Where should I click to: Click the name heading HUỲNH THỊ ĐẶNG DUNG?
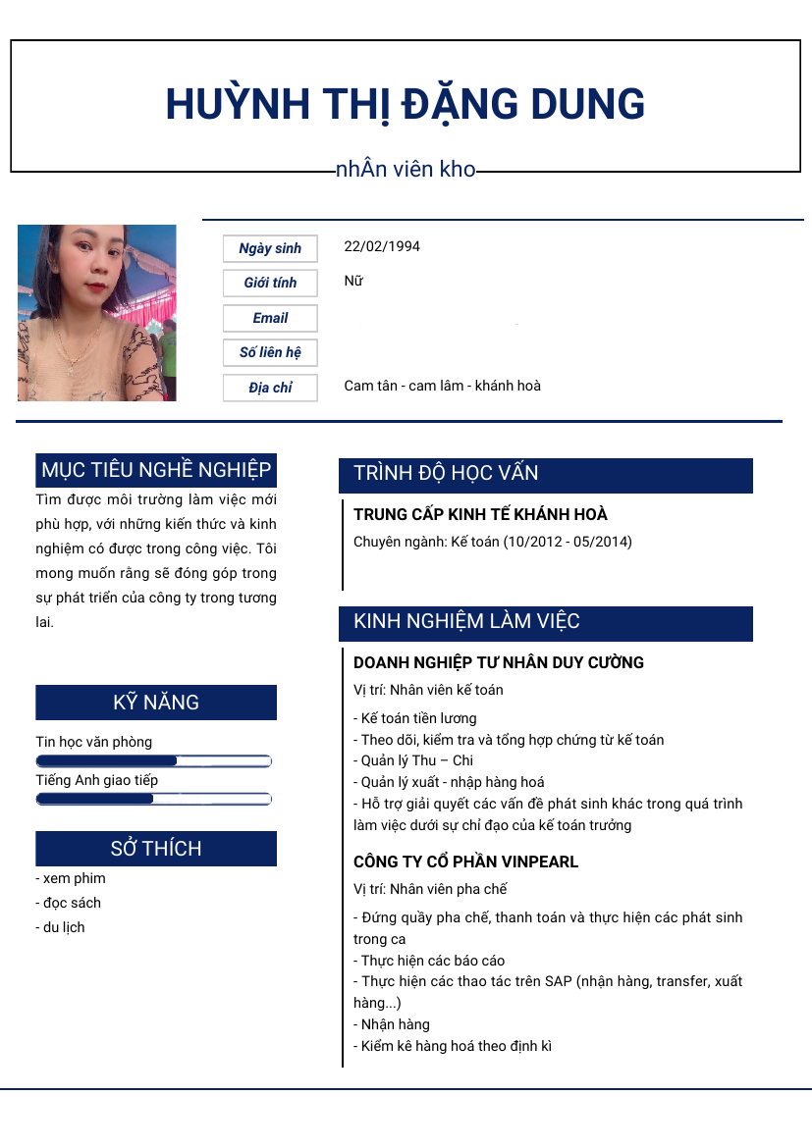[x=406, y=104]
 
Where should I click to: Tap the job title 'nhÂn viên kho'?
[x=406, y=170]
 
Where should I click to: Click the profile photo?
[x=97, y=313]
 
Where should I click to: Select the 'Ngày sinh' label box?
[x=270, y=248]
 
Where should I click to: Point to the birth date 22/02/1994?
[x=382, y=246]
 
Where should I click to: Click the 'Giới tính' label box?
[x=270, y=283]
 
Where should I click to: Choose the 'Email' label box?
[x=270, y=318]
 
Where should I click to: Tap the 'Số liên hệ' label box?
[x=270, y=352]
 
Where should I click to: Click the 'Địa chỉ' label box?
[x=270, y=388]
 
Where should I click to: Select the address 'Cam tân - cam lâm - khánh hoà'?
[x=442, y=386]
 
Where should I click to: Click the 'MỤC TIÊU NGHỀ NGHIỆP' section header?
[x=156, y=470]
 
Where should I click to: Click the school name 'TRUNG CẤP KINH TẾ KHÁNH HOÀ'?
[x=480, y=514]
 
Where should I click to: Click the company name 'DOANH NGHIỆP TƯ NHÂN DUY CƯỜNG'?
[x=498, y=662]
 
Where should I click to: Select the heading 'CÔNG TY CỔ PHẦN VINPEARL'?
[x=465, y=861]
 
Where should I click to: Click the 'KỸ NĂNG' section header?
[x=156, y=703]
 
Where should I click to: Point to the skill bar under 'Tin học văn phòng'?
[x=153, y=760]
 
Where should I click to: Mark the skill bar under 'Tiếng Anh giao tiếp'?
[x=153, y=799]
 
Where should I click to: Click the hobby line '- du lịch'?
[x=61, y=927]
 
